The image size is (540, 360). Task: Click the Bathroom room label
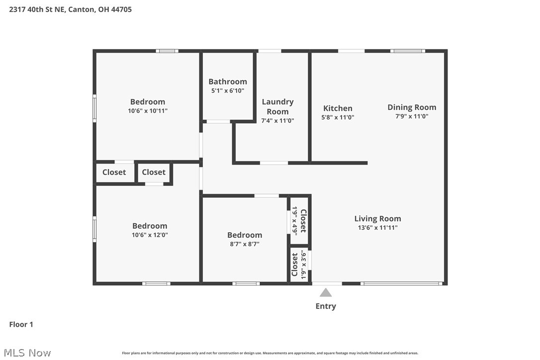(x=228, y=82)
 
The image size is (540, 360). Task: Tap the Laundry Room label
(x=277, y=106)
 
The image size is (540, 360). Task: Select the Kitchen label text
(x=338, y=108)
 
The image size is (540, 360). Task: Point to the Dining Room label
(x=412, y=107)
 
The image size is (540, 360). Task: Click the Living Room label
(x=377, y=218)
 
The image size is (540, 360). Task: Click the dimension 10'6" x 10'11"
(x=148, y=111)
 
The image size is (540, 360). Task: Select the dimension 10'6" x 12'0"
(x=150, y=235)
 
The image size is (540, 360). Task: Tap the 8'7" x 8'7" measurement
(x=245, y=244)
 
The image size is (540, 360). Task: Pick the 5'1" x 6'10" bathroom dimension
(x=228, y=90)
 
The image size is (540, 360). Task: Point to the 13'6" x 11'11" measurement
(x=377, y=227)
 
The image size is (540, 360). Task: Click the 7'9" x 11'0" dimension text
(x=412, y=116)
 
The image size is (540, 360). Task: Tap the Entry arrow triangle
(x=326, y=292)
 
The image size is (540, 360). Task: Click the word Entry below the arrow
(x=326, y=306)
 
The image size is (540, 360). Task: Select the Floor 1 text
(x=21, y=324)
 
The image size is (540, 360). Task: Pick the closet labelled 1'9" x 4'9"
(x=299, y=220)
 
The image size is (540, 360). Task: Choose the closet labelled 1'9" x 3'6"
(x=299, y=265)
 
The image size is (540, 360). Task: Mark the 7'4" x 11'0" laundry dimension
(x=277, y=120)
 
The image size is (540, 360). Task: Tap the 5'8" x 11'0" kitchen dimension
(x=338, y=117)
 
